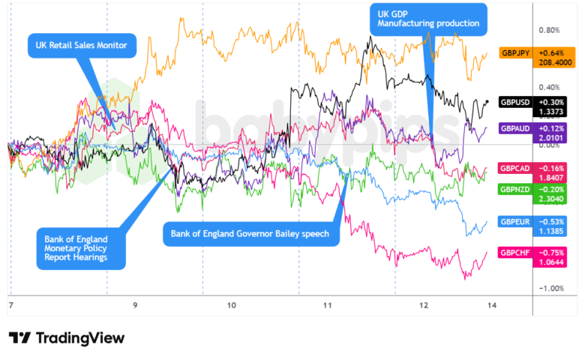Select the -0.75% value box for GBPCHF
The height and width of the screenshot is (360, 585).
(552, 253)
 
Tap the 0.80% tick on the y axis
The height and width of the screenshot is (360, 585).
(549, 31)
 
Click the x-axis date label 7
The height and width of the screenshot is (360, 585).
(10, 305)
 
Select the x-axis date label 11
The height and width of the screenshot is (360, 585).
(327, 305)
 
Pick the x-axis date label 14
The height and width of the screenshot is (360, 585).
(490, 305)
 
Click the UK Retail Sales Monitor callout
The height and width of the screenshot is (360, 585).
(82, 46)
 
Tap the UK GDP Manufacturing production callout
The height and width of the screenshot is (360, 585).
(428, 18)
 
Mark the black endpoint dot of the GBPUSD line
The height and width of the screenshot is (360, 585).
(488, 102)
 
